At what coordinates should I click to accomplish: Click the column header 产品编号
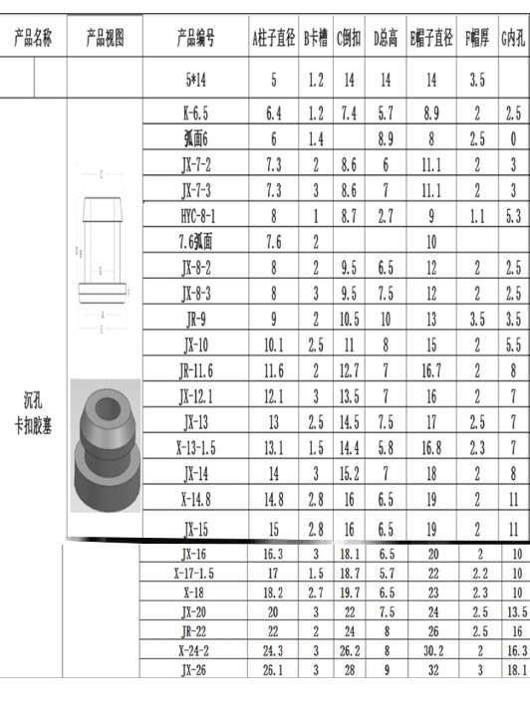coord(192,40)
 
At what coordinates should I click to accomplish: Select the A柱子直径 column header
coord(274,40)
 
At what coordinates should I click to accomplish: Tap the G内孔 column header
coord(513,40)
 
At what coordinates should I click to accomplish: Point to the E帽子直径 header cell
coord(431,40)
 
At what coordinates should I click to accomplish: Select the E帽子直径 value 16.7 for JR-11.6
coord(432,370)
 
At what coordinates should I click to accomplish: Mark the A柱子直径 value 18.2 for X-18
coord(273,592)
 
